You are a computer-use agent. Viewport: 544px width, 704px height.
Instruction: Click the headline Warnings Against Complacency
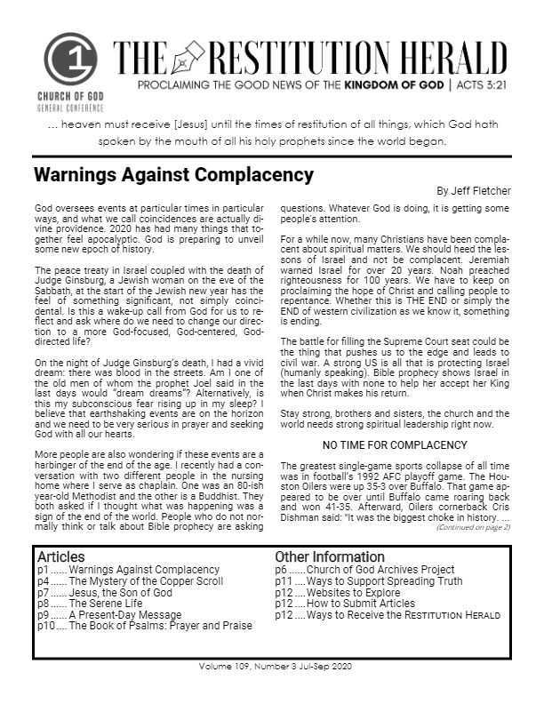click(173, 174)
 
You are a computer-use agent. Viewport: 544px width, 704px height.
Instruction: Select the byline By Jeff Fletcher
click(473, 190)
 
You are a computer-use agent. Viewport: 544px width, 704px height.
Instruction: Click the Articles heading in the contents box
click(60, 557)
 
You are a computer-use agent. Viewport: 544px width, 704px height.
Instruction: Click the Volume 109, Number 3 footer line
click(272, 666)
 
